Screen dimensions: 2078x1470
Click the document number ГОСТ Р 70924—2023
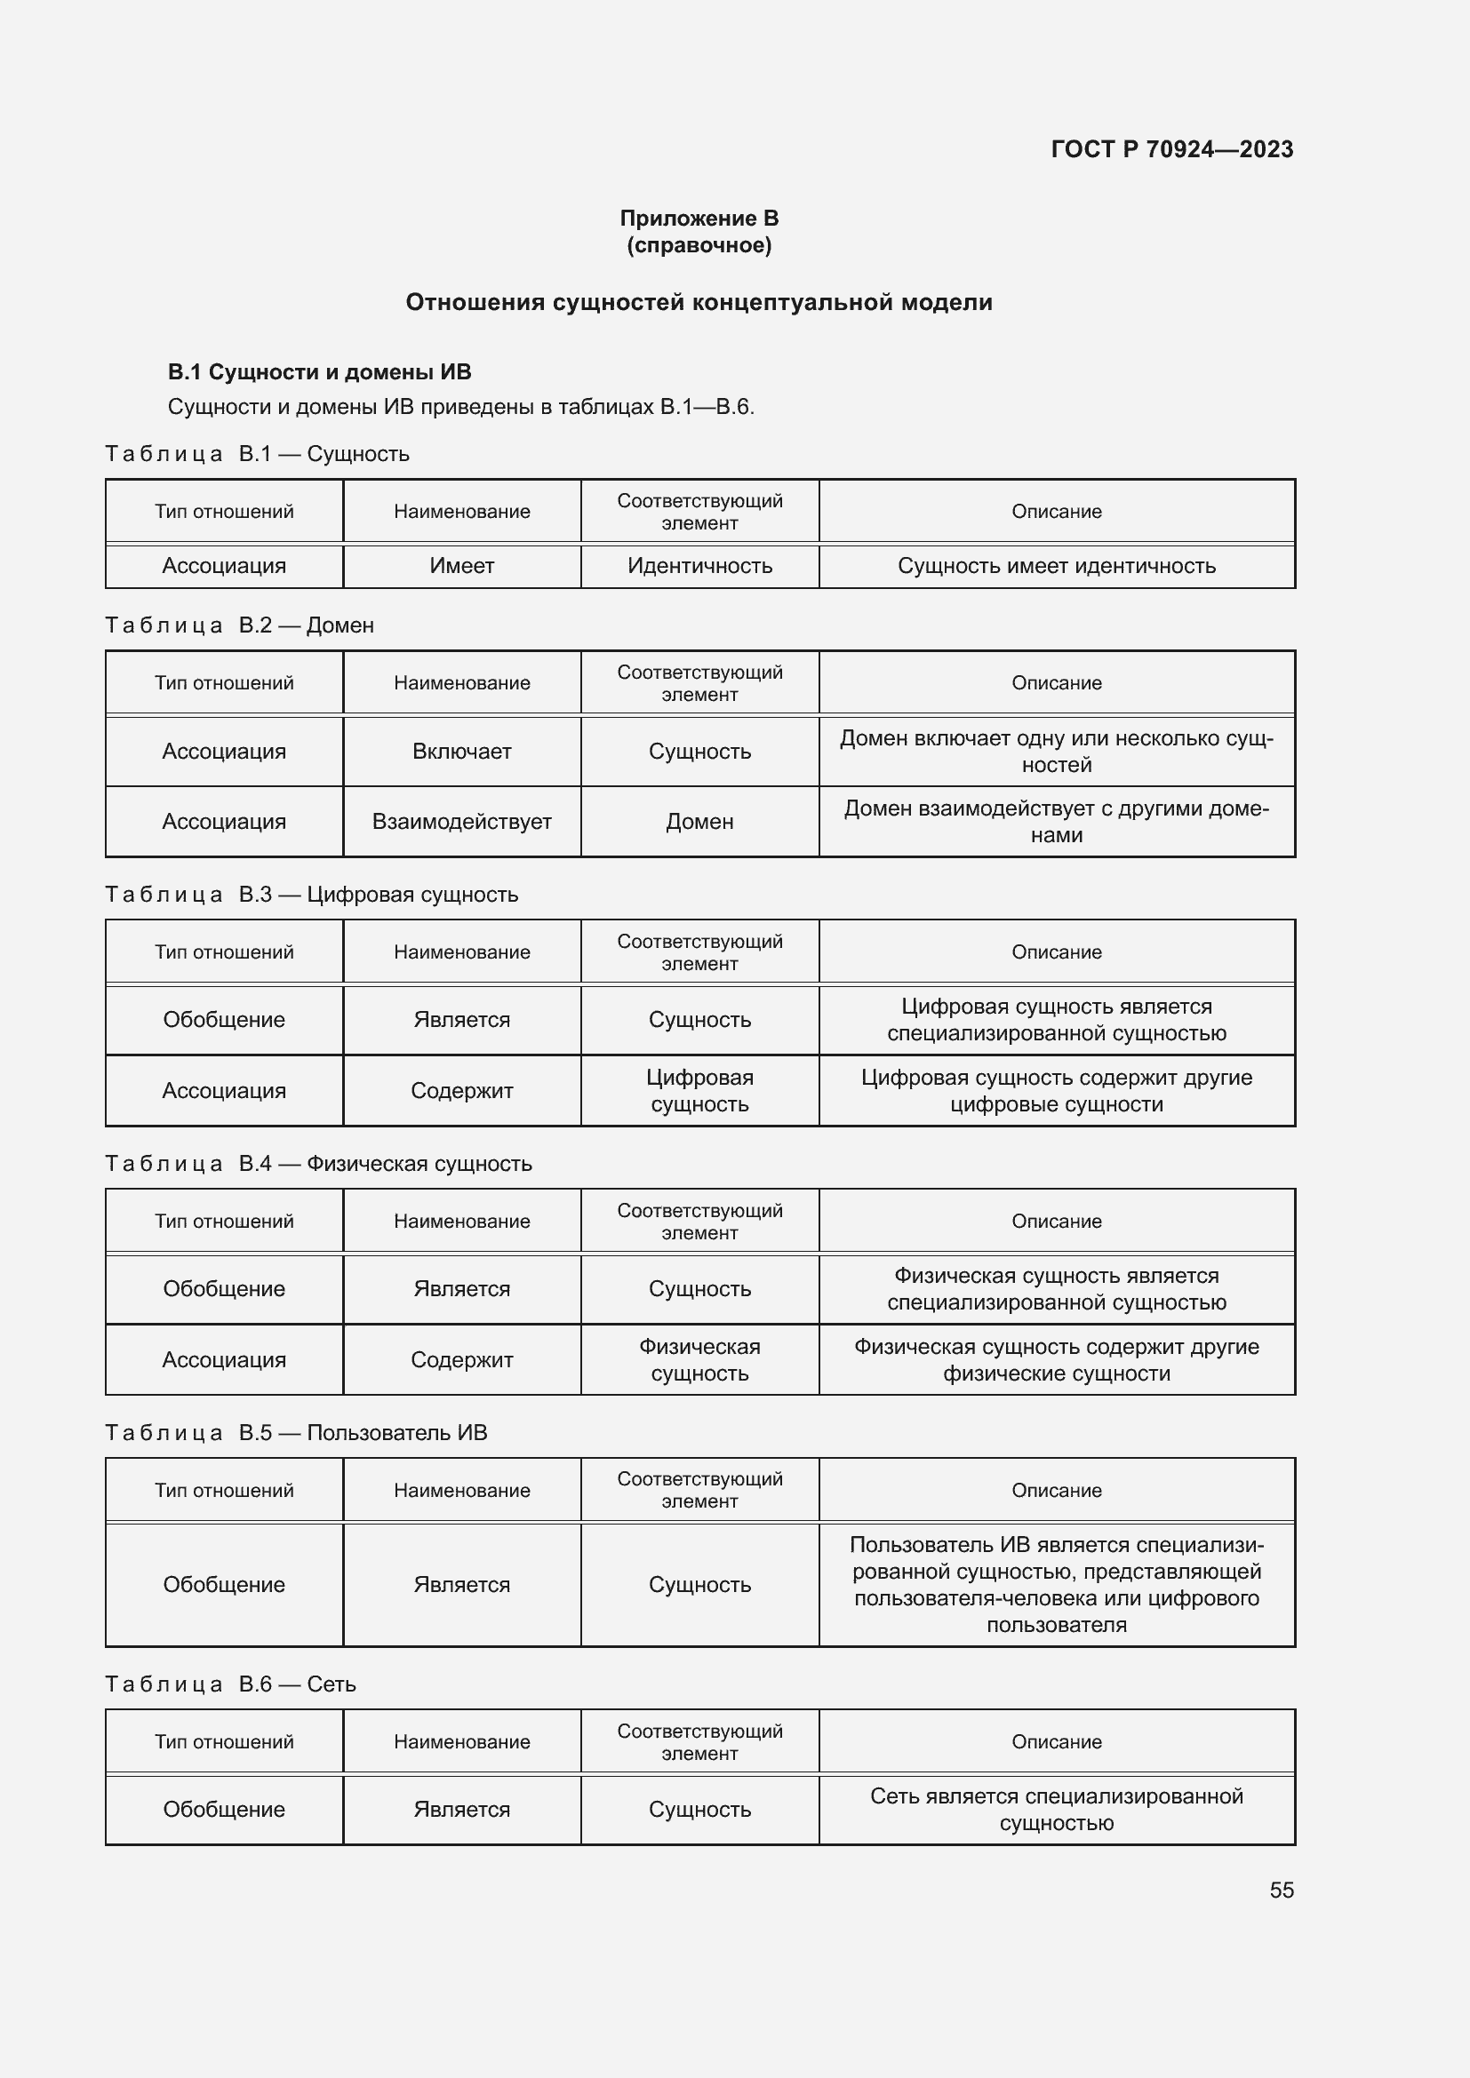[1171, 149]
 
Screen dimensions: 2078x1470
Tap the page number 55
[1281, 1890]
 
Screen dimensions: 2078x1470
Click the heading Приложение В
[699, 219]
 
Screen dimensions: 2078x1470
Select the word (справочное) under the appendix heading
[699, 245]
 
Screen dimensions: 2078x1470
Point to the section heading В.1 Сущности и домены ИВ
[320, 372]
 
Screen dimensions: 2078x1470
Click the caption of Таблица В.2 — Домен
[240, 625]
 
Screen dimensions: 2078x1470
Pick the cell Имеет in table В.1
[461, 566]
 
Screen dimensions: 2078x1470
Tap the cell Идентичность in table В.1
[699, 566]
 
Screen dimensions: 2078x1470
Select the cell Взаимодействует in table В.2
[461, 822]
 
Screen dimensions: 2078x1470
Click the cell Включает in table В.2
[461, 752]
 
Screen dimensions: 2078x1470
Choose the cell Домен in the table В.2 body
[699, 822]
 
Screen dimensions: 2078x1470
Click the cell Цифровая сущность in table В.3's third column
[699, 1091]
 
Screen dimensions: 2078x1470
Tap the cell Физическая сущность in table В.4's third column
[699, 1359]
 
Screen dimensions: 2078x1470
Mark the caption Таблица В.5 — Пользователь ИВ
[296, 1433]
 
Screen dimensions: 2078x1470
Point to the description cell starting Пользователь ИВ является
[1057, 1584]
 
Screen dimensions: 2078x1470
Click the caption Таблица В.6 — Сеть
[231, 1684]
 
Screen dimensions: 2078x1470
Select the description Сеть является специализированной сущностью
[1057, 1809]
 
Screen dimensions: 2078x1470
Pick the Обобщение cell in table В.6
[224, 1809]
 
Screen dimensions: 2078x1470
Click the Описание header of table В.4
[1057, 1221]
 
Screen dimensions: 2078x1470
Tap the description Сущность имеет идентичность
[1057, 566]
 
